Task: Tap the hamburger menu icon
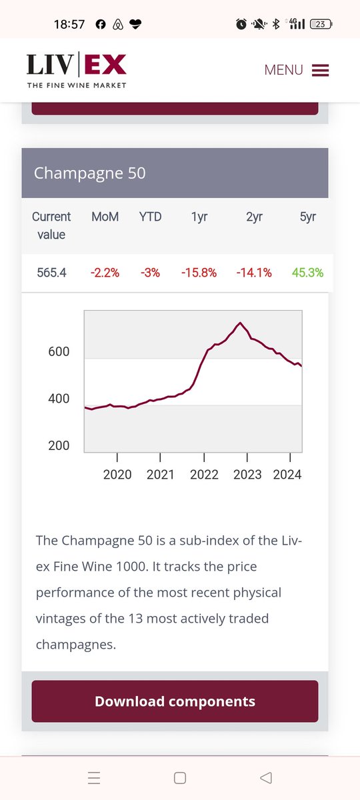coord(320,70)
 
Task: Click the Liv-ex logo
coord(77,70)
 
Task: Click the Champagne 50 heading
coord(89,173)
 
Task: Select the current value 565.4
coord(51,273)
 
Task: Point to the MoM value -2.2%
coord(105,273)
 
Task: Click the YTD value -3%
coord(150,273)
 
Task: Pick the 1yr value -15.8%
coord(199,273)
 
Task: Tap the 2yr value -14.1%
coord(254,273)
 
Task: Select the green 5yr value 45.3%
coord(307,273)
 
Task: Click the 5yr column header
coord(308,217)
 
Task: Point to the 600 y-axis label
coord(59,352)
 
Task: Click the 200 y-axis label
coord(59,446)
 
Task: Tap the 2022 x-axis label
coord(204,475)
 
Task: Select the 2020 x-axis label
coord(117,475)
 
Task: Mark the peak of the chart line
coord(241,323)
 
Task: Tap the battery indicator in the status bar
coord(321,24)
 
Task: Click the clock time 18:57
coord(69,24)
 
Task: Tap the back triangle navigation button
coord(266,777)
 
